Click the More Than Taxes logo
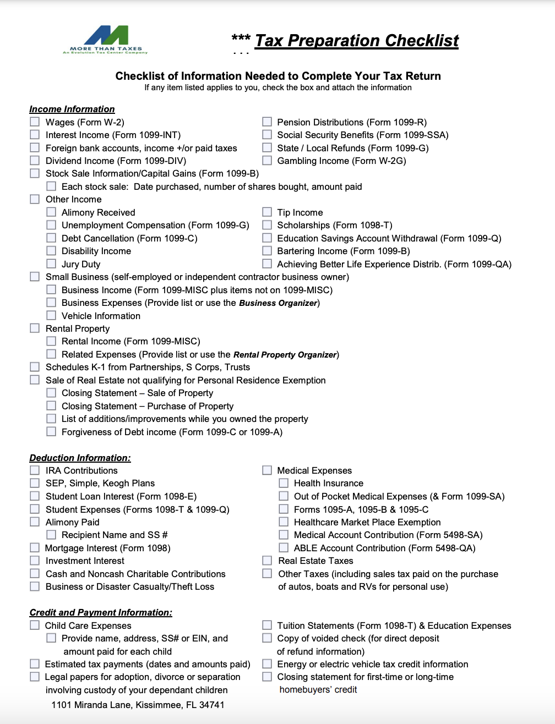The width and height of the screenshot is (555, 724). (x=105, y=40)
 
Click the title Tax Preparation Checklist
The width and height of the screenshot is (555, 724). (x=356, y=41)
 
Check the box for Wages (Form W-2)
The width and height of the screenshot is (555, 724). (x=35, y=122)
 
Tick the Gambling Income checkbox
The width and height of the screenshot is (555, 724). (x=267, y=160)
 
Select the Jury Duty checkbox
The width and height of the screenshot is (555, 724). (x=51, y=264)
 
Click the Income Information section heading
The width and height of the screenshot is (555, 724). (x=72, y=109)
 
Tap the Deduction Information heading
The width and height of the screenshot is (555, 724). (x=80, y=458)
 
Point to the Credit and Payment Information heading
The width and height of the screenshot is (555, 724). (x=101, y=612)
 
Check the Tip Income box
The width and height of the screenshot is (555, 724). (x=267, y=212)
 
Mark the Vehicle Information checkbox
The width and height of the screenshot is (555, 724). (x=51, y=315)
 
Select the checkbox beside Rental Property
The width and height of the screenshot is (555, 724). (x=35, y=328)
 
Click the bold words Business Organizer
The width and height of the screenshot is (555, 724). (x=278, y=303)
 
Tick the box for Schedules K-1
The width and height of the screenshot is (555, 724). (x=35, y=366)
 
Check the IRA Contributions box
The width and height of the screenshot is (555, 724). (x=35, y=470)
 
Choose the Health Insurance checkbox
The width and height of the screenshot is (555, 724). (x=284, y=482)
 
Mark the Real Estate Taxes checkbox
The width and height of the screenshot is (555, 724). (x=267, y=560)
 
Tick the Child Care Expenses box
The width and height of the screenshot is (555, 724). (x=35, y=625)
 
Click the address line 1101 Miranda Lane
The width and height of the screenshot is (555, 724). (x=138, y=705)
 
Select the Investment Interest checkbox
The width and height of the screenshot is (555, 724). (x=35, y=560)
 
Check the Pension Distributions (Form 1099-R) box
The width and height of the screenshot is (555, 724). (x=267, y=122)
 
